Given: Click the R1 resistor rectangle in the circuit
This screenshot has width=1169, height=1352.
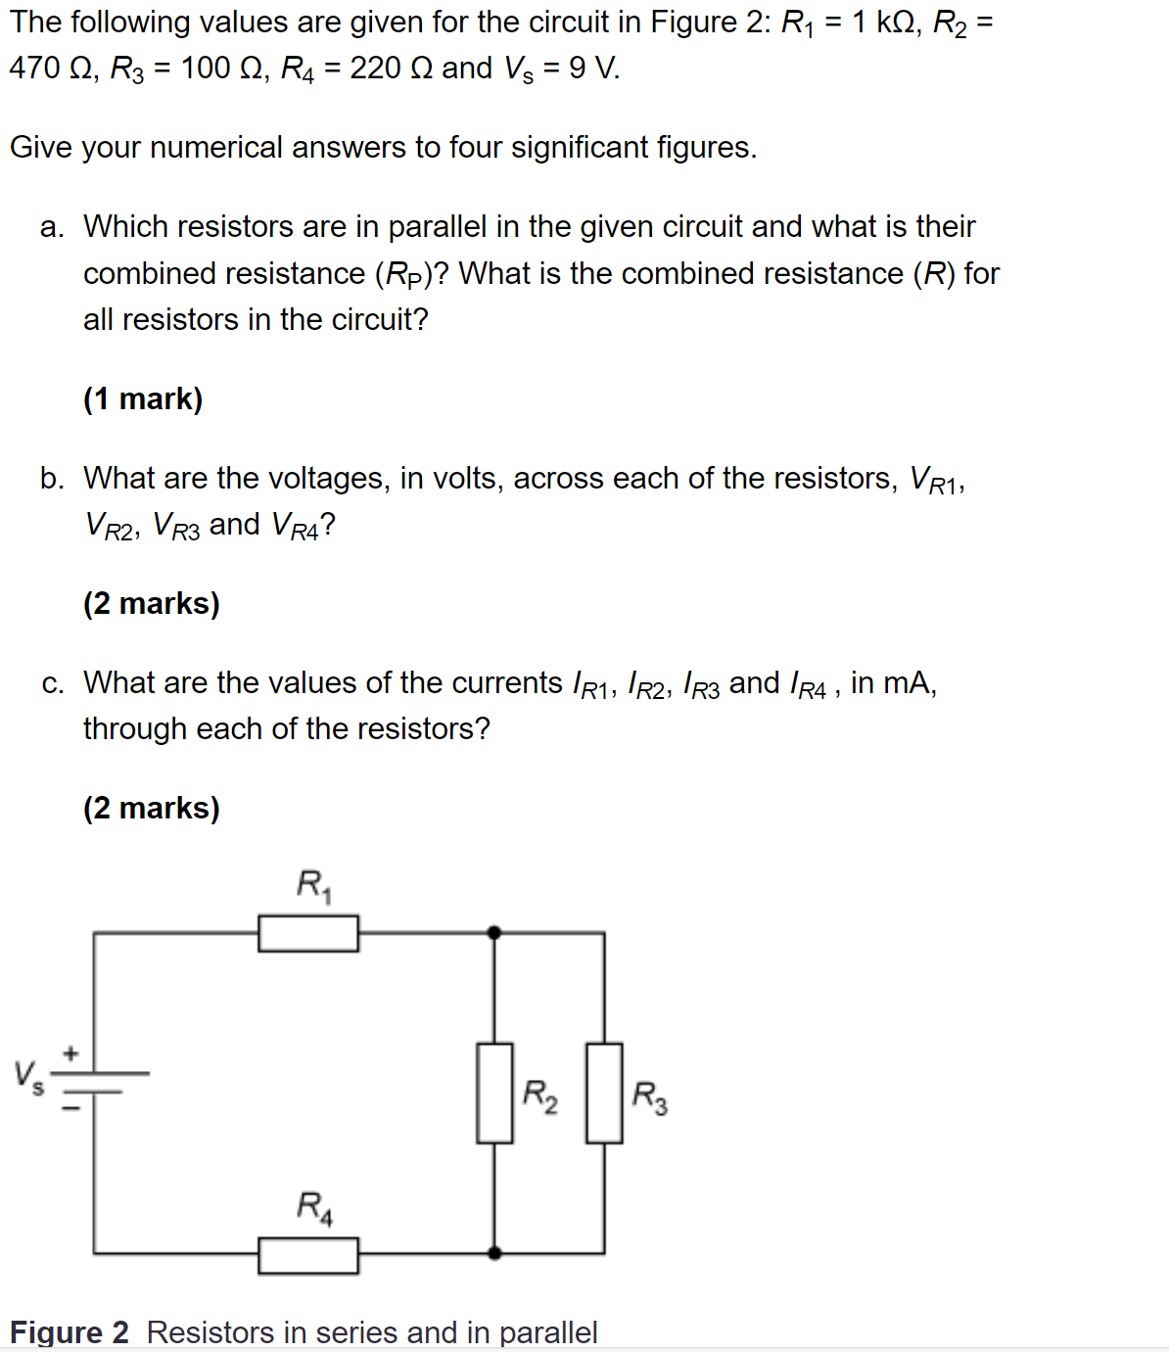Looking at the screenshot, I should [x=308, y=933].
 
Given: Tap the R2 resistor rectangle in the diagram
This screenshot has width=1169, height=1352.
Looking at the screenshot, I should [x=494, y=1093].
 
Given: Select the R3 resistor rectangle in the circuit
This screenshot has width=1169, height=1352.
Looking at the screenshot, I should [x=604, y=1093].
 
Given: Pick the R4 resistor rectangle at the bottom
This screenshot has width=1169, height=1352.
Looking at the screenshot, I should [x=308, y=1254].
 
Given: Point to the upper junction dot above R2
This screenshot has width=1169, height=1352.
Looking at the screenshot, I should [x=494, y=933].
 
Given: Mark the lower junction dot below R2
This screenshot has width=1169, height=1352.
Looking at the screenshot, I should [x=494, y=1252].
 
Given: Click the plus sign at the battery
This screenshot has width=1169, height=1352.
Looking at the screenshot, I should [x=70, y=1054].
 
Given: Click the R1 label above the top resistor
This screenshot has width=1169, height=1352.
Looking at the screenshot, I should [x=314, y=885].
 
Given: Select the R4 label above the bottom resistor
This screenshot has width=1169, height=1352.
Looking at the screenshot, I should [x=314, y=1206].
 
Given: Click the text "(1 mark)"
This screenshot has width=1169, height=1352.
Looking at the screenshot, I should [x=143, y=399].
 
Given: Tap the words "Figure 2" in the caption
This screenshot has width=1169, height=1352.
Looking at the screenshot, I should [x=69, y=1332].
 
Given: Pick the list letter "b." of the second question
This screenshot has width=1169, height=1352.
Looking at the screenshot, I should [x=53, y=479].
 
